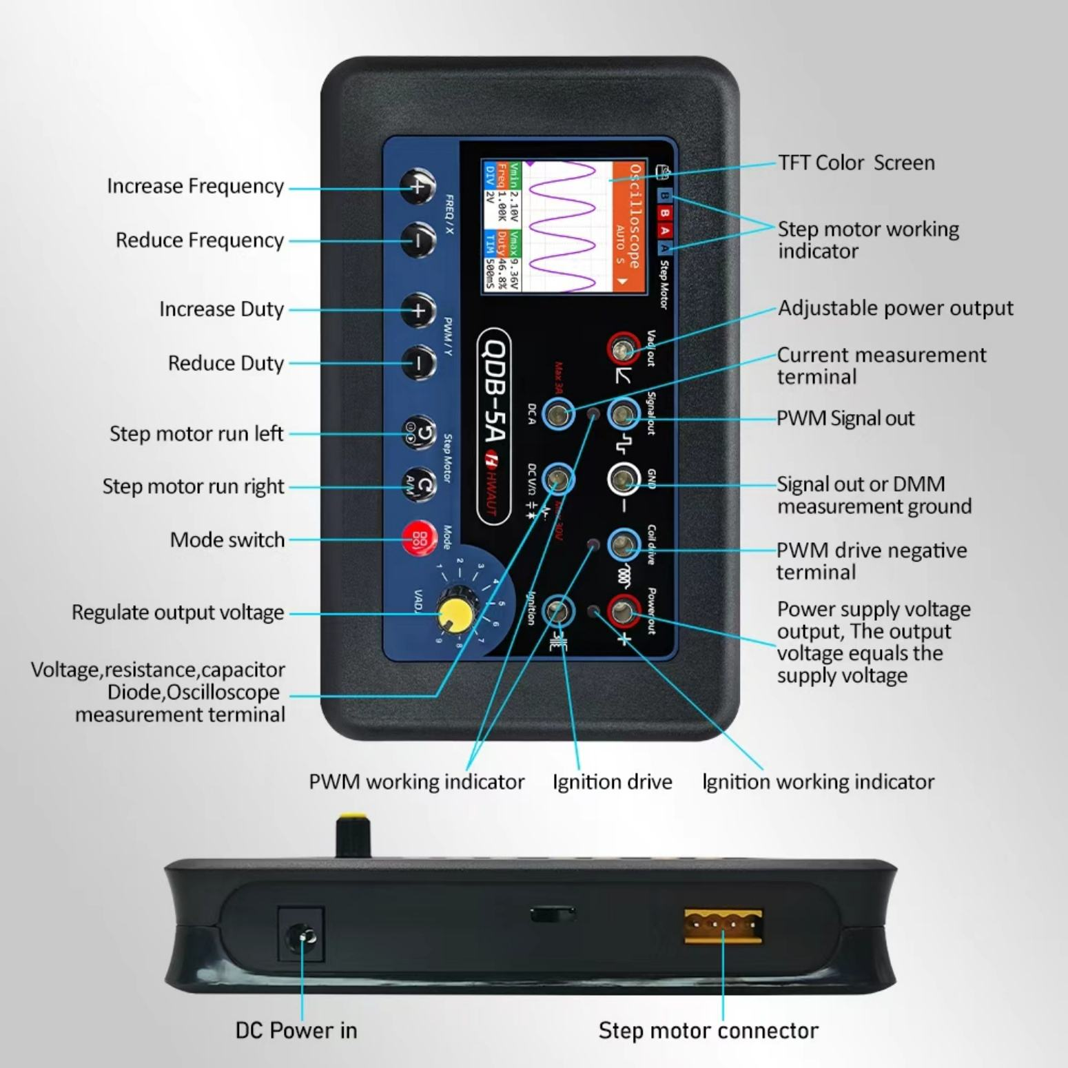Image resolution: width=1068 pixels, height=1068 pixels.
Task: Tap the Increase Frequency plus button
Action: (418, 187)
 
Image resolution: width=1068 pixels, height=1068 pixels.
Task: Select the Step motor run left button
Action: (419, 433)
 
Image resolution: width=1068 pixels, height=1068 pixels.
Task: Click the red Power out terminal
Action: (623, 610)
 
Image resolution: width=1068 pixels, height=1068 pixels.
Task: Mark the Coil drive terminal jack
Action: (623, 546)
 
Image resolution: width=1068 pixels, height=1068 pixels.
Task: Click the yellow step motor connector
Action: (723, 925)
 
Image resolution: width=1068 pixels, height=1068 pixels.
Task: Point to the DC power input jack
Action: (301, 936)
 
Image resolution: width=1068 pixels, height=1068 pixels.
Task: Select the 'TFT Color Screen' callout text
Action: (856, 163)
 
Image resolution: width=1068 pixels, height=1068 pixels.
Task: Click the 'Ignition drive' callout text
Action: (612, 782)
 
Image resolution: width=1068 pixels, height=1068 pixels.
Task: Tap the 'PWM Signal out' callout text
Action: (845, 419)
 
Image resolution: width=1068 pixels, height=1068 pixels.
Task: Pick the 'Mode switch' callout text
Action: (227, 540)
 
